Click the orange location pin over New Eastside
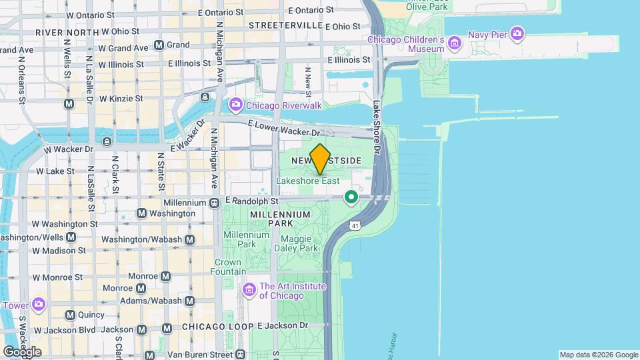click(320, 159)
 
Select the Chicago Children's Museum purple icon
click(455, 44)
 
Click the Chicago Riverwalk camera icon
click(235, 105)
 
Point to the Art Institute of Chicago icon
click(249, 290)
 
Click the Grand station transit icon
click(159, 45)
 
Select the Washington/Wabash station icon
click(190, 239)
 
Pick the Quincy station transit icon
click(70, 315)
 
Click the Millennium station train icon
click(215, 203)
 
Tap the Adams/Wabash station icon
click(189, 301)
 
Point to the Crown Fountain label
click(227, 267)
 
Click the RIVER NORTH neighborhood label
click(63, 32)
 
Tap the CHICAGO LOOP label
click(217, 327)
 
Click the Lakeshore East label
click(308, 181)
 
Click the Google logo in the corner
click(22, 351)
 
